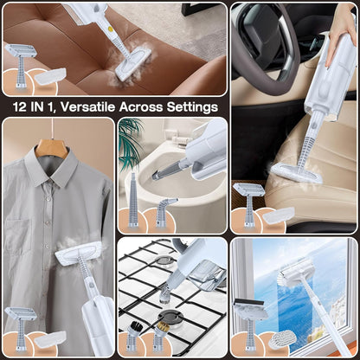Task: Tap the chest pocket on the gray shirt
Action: point(27,233)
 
